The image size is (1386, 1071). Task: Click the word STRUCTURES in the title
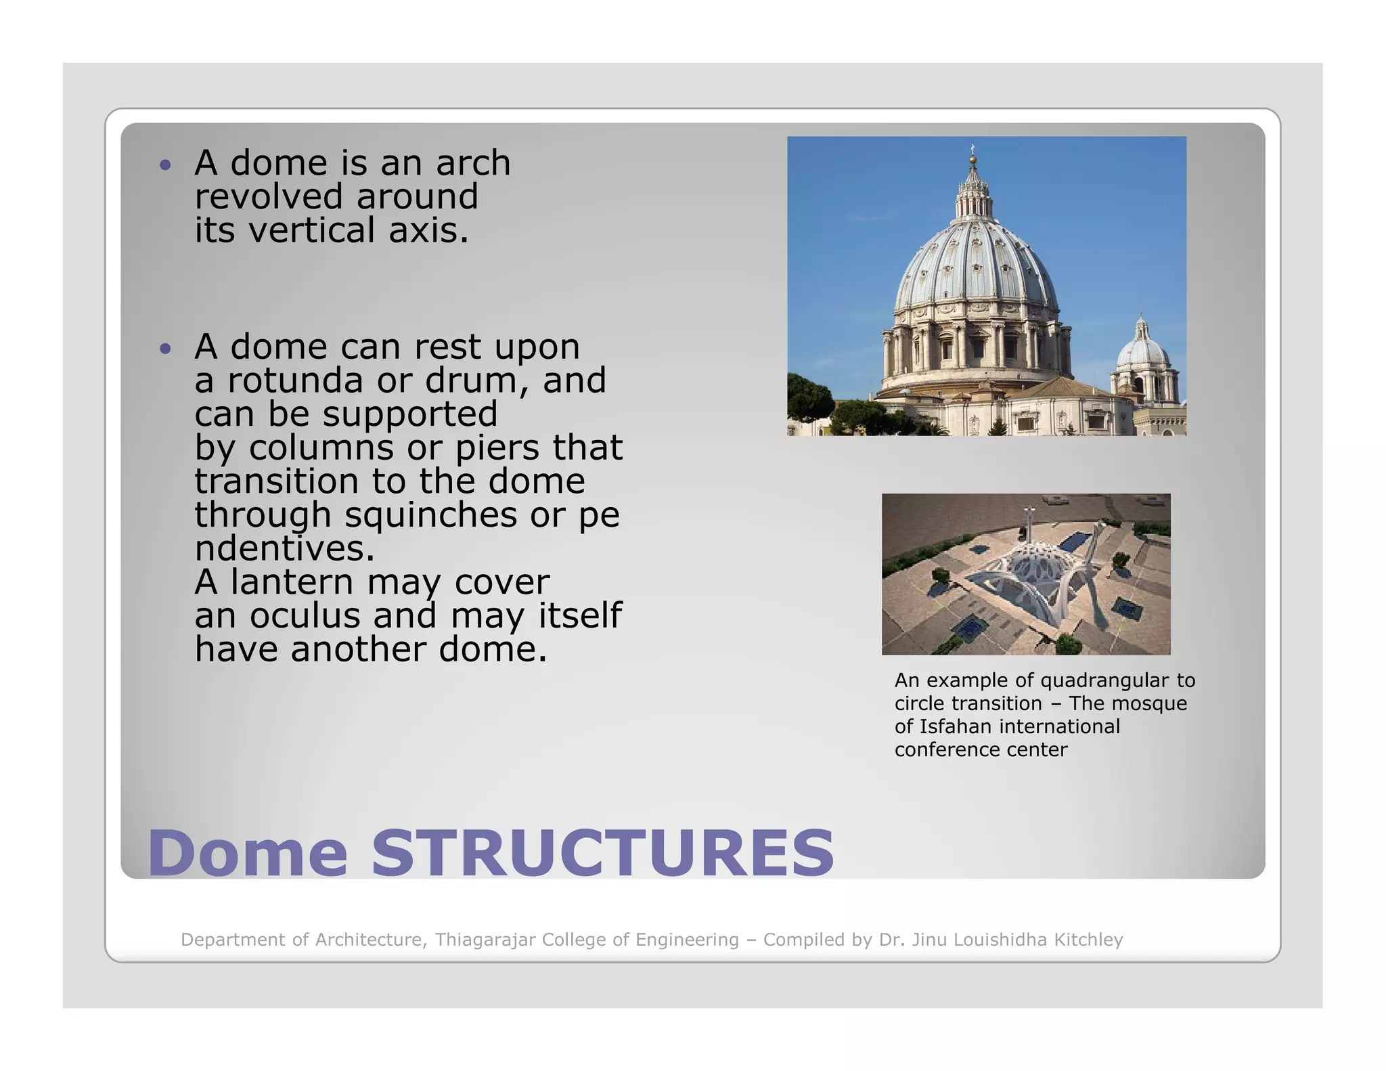(602, 853)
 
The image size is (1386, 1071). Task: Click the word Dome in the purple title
(247, 853)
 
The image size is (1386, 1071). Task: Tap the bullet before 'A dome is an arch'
(165, 165)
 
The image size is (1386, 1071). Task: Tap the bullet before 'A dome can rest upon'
(165, 349)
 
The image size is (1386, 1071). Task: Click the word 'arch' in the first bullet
(472, 163)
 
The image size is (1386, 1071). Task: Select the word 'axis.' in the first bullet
(428, 230)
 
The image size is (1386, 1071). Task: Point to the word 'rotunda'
(296, 380)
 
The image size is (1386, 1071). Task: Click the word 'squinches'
(430, 515)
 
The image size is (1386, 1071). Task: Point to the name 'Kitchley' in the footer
(1088, 940)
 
